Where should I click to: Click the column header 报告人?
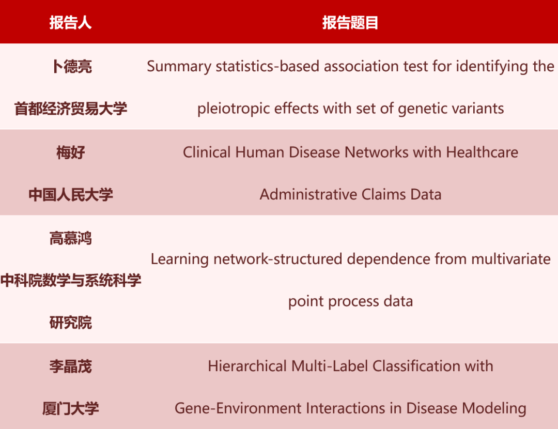[x=71, y=23]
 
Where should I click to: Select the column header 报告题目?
[x=350, y=23]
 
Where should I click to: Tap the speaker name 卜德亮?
[x=71, y=66]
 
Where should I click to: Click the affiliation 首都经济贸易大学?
[x=71, y=109]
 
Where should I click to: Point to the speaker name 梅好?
[x=71, y=152]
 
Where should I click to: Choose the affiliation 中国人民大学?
[x=71, y=195]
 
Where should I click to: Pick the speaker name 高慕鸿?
[x=71, y=238]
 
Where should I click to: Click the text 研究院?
[x=71, y=323]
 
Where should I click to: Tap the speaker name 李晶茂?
[x=71, y=366]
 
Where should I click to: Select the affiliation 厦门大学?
[x=71, y=409]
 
